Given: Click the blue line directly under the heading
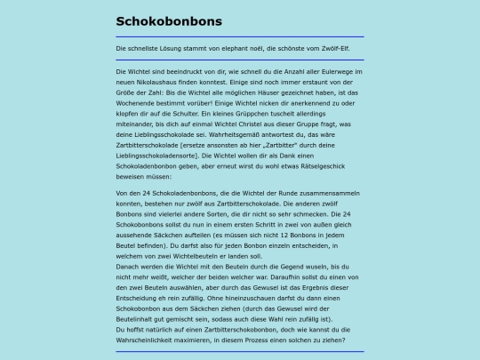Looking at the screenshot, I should pyautogui.click(x=239, y=36).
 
